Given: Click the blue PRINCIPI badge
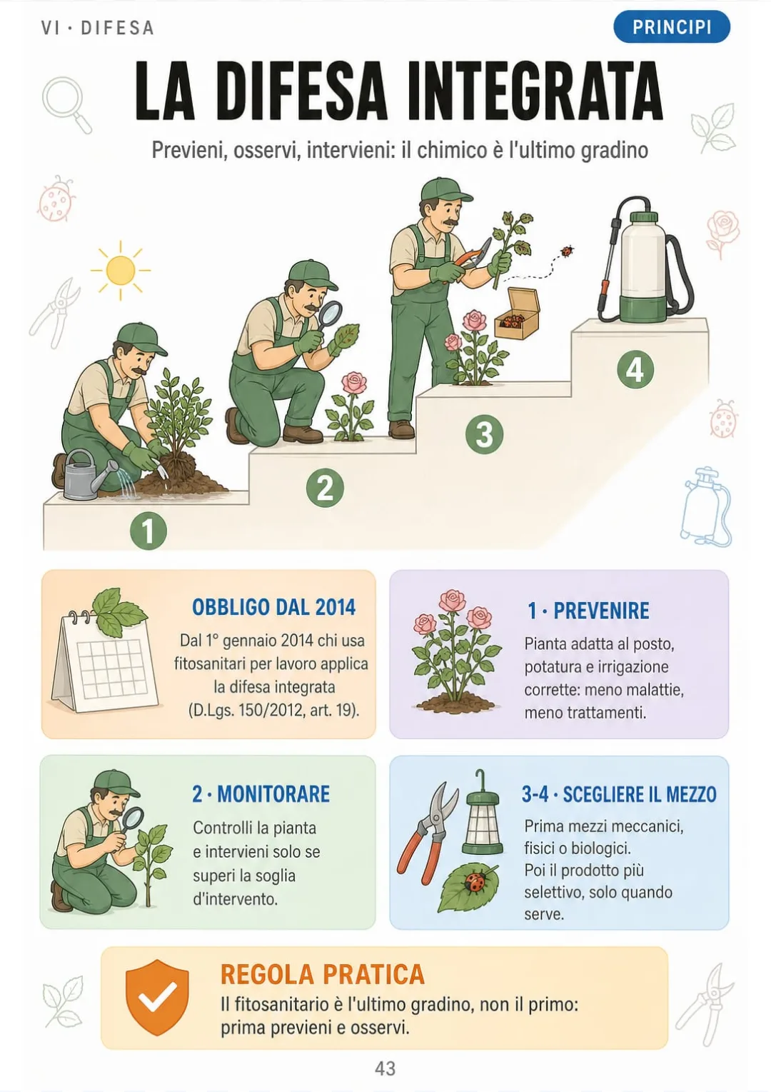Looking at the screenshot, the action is coord(671,27).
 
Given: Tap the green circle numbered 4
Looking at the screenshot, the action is coord(635,369).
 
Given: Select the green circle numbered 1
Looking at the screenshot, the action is coord(148,531).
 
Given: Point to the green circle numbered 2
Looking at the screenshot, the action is coord(325,488).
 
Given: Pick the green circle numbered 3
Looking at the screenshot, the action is coord(484,434).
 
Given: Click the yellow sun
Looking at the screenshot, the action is coord(121,270).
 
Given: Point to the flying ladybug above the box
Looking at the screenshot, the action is coord(566,251).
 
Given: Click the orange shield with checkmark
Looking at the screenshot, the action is coord(157,998).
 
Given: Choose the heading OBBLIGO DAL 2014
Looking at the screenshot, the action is coord(274,607).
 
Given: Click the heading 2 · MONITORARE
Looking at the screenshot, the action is coord(261,793).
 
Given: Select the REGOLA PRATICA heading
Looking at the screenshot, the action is coord(322,974).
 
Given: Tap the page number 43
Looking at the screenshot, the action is coord(385,1068).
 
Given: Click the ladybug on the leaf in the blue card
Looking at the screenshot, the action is coord(473,882).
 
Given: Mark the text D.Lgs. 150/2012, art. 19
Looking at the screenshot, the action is coord(273,710).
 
